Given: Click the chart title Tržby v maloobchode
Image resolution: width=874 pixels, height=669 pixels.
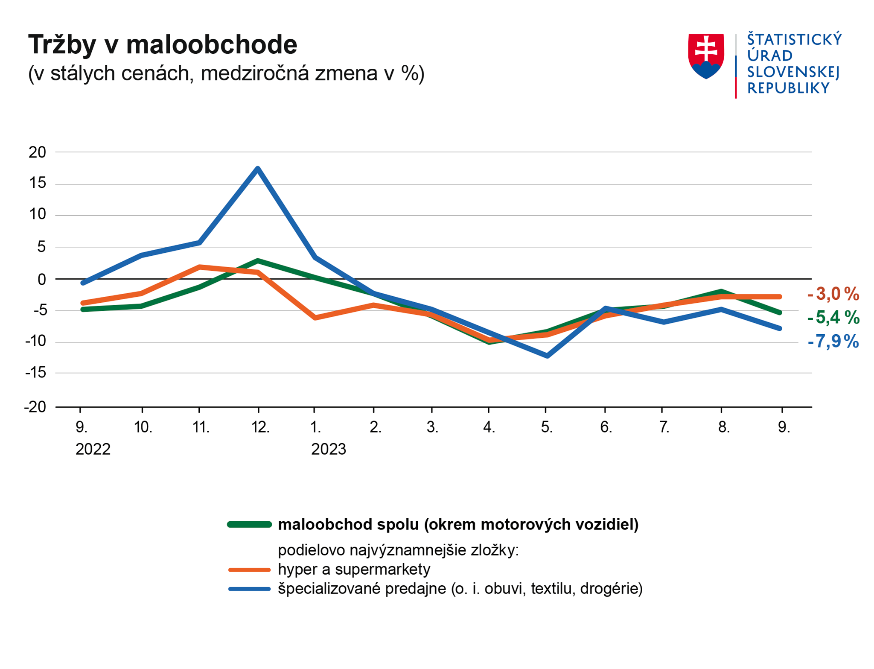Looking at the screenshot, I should click(x=163, y=44).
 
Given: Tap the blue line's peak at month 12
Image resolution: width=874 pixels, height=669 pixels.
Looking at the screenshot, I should click(x=258, y=169).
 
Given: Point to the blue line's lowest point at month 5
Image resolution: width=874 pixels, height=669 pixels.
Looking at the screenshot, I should click(x=547, y=356).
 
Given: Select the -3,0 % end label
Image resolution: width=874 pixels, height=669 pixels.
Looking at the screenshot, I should click(x=833, y=294).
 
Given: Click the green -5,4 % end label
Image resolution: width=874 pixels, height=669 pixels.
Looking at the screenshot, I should click(x=833, y=317).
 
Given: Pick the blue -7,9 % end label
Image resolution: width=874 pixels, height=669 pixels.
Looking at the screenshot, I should click(x=833, y=341).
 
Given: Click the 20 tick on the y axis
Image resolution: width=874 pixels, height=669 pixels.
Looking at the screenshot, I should click(x=38, y=152).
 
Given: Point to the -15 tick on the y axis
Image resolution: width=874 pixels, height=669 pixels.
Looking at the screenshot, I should click(x=36, y=373).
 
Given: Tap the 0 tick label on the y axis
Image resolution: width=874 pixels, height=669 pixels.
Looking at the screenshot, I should click(x=41, y=279).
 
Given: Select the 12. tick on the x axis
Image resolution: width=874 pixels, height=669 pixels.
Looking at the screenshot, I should click(x=260, y=427).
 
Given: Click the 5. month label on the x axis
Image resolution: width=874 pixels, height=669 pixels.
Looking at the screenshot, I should click(x=547, y=427).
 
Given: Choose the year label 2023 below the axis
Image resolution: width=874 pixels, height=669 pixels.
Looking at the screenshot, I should click(x=328, y=449).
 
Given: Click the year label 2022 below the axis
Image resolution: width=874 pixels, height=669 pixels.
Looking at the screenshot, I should click(x=93, y=449).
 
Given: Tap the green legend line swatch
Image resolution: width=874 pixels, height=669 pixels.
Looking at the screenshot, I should click(x=249, y=525).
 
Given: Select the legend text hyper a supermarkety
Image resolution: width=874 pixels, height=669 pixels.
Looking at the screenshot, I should click(x=354, y=569).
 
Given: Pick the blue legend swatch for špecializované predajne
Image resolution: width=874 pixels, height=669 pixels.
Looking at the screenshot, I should click(x=249, y=589).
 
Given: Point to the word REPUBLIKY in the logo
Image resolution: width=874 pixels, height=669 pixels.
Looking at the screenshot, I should click(x=788, y=88).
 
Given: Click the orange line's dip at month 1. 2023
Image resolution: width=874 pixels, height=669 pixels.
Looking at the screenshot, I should click(x=315, y=318).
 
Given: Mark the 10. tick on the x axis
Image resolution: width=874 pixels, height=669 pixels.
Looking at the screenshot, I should click(x=143, y=427).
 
